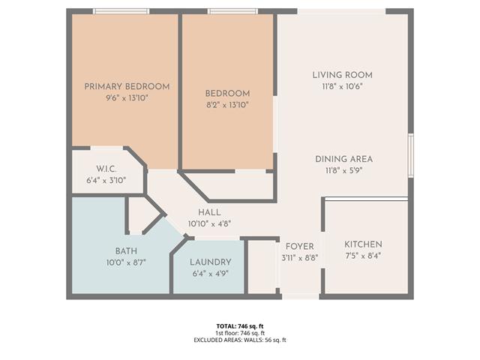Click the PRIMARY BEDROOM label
tap(127, 87)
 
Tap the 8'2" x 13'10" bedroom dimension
tap(227, 105)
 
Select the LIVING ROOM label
tap(343, 75)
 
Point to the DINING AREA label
tap(343, 159)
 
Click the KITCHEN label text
tap(363, 244)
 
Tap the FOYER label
tap(300, 247)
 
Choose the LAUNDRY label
tap(210, 262)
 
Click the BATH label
tap(126, 251)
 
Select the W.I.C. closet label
tap(106, 169)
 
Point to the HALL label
tap(209, 212)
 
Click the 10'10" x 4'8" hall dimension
tap(209, 223)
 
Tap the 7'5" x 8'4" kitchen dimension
tap(363, 256)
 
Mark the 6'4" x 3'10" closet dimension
tap(106, 180)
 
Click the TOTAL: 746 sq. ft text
tap(240, 326)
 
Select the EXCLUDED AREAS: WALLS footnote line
tap(240, 340)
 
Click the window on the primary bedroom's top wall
tap(121, 11)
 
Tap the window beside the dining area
tap(411, 155)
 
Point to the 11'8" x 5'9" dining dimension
tap(343, 170)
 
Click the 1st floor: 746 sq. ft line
tap(240, 333)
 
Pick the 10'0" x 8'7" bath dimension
tap(126, 262)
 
